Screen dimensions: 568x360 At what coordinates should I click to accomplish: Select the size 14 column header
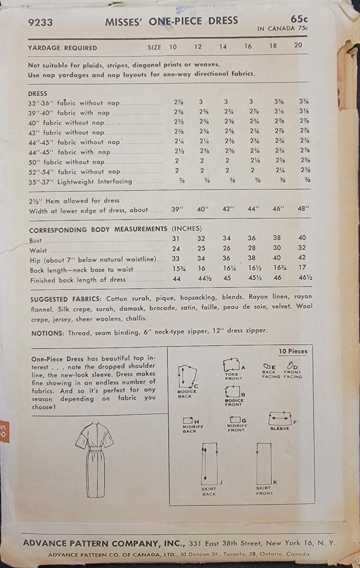pyautogui.click(x=223, y=47)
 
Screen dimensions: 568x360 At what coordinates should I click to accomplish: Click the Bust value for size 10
pyautogui.click(x=177, y=238)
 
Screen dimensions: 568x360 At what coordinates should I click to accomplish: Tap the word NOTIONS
pyautogui.click(x=46, y=333)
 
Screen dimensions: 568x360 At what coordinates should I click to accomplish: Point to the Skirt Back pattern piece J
pyautogui.click(x=209, y=463)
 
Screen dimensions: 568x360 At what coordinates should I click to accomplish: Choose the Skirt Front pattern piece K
pyautogui.click(x=264, y=463)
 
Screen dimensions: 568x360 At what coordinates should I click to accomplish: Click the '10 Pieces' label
pyautogui.click(x=293, y=351)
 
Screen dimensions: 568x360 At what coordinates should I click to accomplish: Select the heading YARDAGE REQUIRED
pyautogui.click(x=62, y=48)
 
